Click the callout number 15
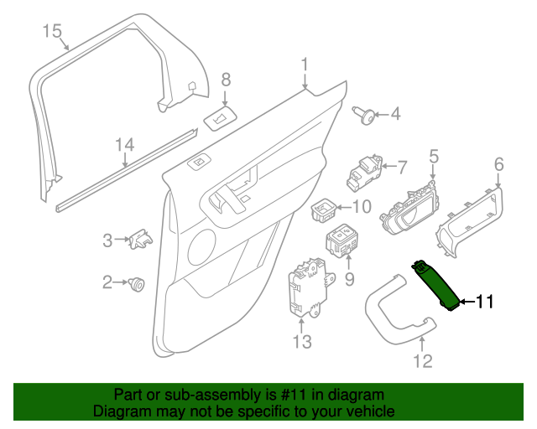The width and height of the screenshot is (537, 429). [x=52, y=32]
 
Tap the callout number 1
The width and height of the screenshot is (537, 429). [x=305, y=63]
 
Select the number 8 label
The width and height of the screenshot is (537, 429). [x=225, y=80]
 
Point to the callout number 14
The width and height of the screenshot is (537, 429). [x=124, y=145]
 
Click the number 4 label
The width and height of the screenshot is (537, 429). [x=394, y=114]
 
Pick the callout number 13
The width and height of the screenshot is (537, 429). [x=301, y=341]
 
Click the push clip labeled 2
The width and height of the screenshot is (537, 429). [x=138, y=285]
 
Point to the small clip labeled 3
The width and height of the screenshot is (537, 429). [x=140, y=240]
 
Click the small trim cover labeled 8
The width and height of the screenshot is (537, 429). [x=218, y=117]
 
